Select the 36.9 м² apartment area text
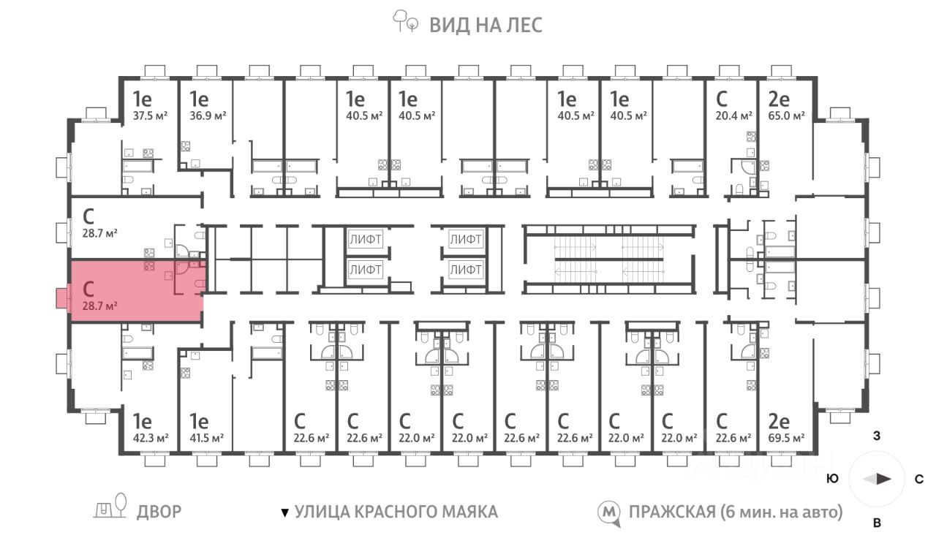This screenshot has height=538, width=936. (x=207, y=115)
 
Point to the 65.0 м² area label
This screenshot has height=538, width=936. (x=787, y=115)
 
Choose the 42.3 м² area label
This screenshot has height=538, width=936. (x=151, y=438)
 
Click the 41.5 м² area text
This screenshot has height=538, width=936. (x=207, y=438)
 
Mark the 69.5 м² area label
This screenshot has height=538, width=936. (x=787, y=438)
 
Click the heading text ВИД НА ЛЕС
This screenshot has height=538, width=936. (x=486, y=25)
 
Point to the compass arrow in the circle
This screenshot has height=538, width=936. (x=877, y=480)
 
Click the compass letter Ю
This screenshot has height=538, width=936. (x=832, y=480)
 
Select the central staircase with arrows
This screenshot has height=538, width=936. (x=608, y=259)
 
